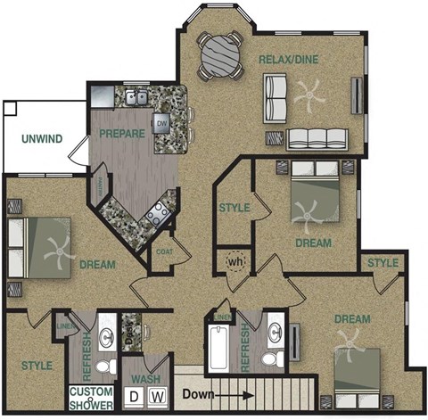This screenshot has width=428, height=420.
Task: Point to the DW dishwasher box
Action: point(162,124)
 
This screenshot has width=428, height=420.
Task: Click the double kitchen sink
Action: point(136,97)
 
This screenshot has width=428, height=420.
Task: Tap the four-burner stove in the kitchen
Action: point(158,213)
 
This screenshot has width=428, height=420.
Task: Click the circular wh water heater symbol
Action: point(235,263)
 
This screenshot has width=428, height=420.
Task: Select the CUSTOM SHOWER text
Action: point(92,399)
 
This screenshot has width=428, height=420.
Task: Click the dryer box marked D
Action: point(134,395)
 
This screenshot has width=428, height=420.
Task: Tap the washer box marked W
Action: point(156,395)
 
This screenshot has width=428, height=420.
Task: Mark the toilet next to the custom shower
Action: point(104,366)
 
